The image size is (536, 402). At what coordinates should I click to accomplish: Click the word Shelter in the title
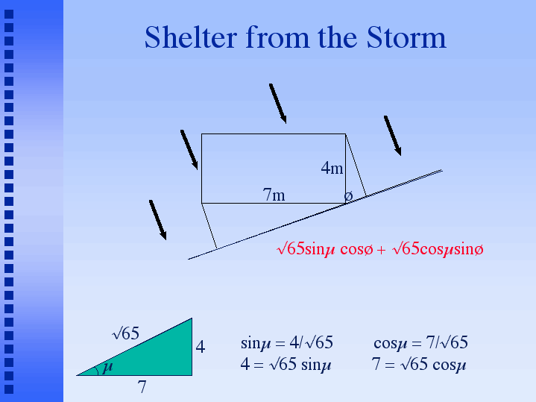click(191, 37)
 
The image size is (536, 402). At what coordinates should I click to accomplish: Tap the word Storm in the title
click(406, 37)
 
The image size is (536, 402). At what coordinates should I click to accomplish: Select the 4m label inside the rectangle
click(332, 168)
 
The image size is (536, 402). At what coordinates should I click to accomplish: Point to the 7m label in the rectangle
click(274, 195)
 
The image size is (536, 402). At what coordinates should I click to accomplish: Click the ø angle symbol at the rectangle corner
click(348, 196)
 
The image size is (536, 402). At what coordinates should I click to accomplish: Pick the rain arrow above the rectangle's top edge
click(277, 104)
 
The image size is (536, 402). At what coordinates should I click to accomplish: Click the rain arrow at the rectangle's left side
click(189, 149)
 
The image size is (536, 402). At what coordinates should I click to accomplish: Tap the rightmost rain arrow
click(392, 136)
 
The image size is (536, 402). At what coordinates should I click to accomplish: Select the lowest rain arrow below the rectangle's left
click(157, 220)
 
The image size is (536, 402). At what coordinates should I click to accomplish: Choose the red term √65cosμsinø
click(438, 249)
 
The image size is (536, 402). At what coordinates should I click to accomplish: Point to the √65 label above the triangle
click(125, 333)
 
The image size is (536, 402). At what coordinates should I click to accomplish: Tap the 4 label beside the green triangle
click(201, 347)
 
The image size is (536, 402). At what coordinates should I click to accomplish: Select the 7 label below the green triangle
click(142, 387)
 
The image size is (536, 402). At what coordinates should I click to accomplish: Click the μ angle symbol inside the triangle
click(107, 367)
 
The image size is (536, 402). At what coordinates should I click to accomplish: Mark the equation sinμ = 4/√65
click(287, 342)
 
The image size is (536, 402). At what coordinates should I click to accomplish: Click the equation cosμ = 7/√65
click(420, 342)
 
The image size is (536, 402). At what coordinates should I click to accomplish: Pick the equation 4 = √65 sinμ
click(286, 364)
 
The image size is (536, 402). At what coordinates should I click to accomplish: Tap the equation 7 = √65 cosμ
click(419, 364)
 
